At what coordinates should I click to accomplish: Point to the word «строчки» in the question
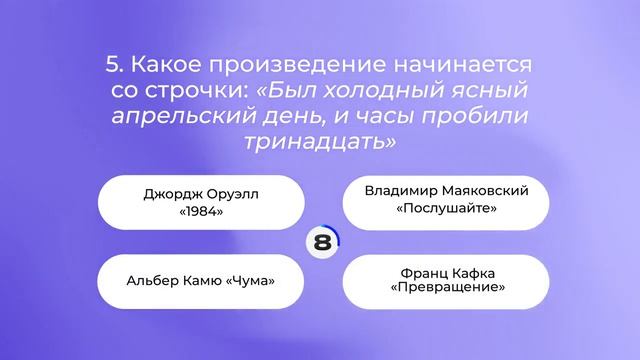pyautogui.click(x=200, y=92)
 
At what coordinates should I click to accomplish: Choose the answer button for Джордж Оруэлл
pyautogui.click(x=201, y=203)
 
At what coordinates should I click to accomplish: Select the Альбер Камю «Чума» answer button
pyautogui.click(x=201, y=280)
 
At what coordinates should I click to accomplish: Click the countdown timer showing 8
pyautogui.click(x=321, y=242)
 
